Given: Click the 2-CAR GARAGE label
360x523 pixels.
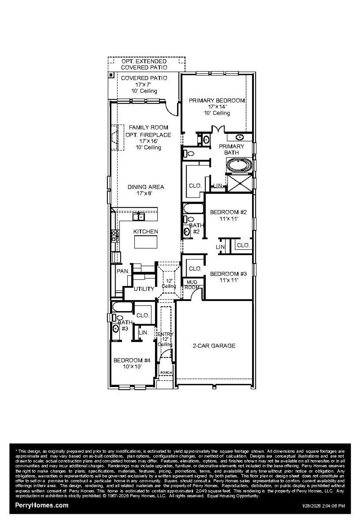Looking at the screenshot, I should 214,346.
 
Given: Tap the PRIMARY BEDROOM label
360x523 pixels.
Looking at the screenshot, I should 217,101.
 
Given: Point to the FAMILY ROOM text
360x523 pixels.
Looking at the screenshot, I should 148,128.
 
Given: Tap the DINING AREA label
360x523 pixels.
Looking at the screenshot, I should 146,187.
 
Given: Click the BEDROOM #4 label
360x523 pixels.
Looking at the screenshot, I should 132,360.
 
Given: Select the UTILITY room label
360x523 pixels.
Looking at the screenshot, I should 144,289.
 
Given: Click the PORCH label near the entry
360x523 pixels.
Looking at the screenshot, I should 166,373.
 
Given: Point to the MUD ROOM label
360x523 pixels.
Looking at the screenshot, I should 192,284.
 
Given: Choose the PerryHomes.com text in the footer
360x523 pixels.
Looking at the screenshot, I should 42,505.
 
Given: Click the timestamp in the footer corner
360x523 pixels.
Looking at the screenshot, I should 323,506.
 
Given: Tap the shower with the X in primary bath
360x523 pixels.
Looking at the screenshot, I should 240,184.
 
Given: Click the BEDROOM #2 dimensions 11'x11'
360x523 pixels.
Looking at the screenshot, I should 229,218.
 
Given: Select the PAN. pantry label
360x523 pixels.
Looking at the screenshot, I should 123,271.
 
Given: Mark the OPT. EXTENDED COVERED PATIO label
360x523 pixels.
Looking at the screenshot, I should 144,64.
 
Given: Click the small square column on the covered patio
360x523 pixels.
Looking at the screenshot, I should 111,75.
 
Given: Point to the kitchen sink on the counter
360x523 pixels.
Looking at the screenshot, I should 139,216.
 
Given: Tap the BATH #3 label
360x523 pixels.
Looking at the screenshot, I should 125,325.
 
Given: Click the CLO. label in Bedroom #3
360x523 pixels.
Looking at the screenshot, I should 195,269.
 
